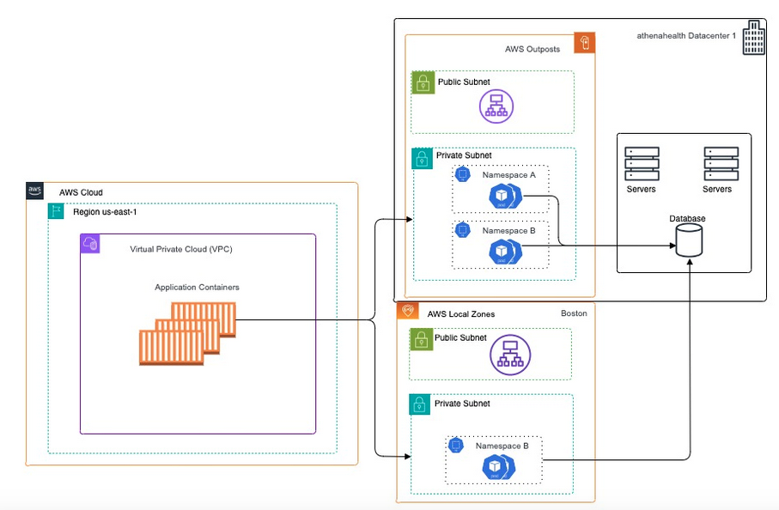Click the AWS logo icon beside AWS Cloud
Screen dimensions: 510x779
(35, 191)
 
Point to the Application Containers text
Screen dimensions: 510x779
(197, 287)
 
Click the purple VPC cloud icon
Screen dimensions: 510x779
(90, 245)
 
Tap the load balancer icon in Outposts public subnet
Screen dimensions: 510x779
(495, 105)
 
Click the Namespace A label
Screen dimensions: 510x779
(508, 174)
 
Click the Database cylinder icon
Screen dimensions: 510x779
(689, 243)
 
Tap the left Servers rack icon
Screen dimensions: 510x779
(642, 163)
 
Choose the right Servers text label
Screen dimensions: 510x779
(717, 189)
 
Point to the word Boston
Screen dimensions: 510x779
(574, 313)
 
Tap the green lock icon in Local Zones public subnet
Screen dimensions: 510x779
(420, 340)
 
